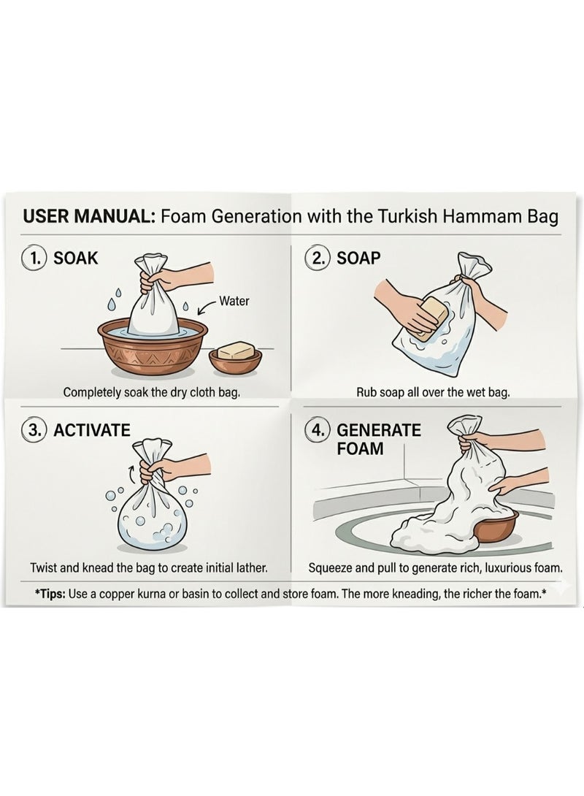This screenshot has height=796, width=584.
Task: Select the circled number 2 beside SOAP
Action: (x=318, y=258)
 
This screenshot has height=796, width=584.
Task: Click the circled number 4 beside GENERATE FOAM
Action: (x=318, y=430)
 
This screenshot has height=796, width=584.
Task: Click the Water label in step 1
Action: (x=234, y=301)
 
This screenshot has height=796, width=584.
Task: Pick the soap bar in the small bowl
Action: (x=236, y=351)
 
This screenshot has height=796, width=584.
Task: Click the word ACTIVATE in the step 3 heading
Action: (x=92, y=430)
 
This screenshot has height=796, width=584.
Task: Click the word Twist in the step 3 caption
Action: (x=43, y=567)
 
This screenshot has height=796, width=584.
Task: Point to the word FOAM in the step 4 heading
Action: (x=360, y=449)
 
